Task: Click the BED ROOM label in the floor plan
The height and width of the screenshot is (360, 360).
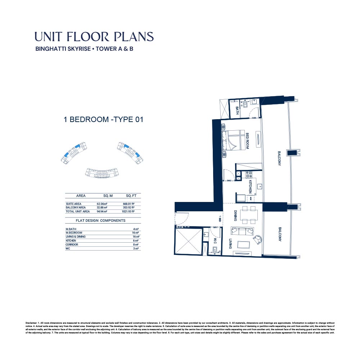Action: coord(248,141)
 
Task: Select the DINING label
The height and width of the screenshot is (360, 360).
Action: coord(235,216)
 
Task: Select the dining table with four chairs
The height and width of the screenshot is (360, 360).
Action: coord(249,215)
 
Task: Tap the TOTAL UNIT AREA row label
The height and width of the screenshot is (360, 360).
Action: coord(77,211)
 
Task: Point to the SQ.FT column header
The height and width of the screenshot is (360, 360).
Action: coord(131,196)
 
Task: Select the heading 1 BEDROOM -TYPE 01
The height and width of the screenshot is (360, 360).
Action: coord(104,120)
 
